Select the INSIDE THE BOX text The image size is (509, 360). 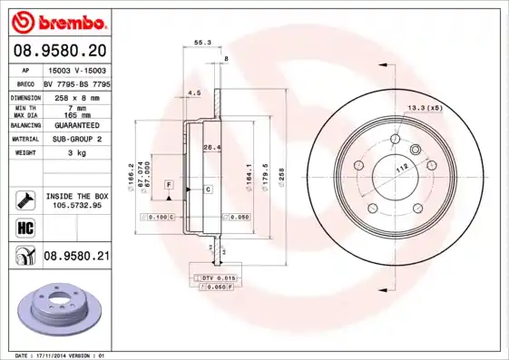click(x=77, y=196)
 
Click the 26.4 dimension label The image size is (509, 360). click(x=210, y=148)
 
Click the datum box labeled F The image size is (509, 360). click(x=169, y=185)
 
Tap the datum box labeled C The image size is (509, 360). click(x=208, y=190)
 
